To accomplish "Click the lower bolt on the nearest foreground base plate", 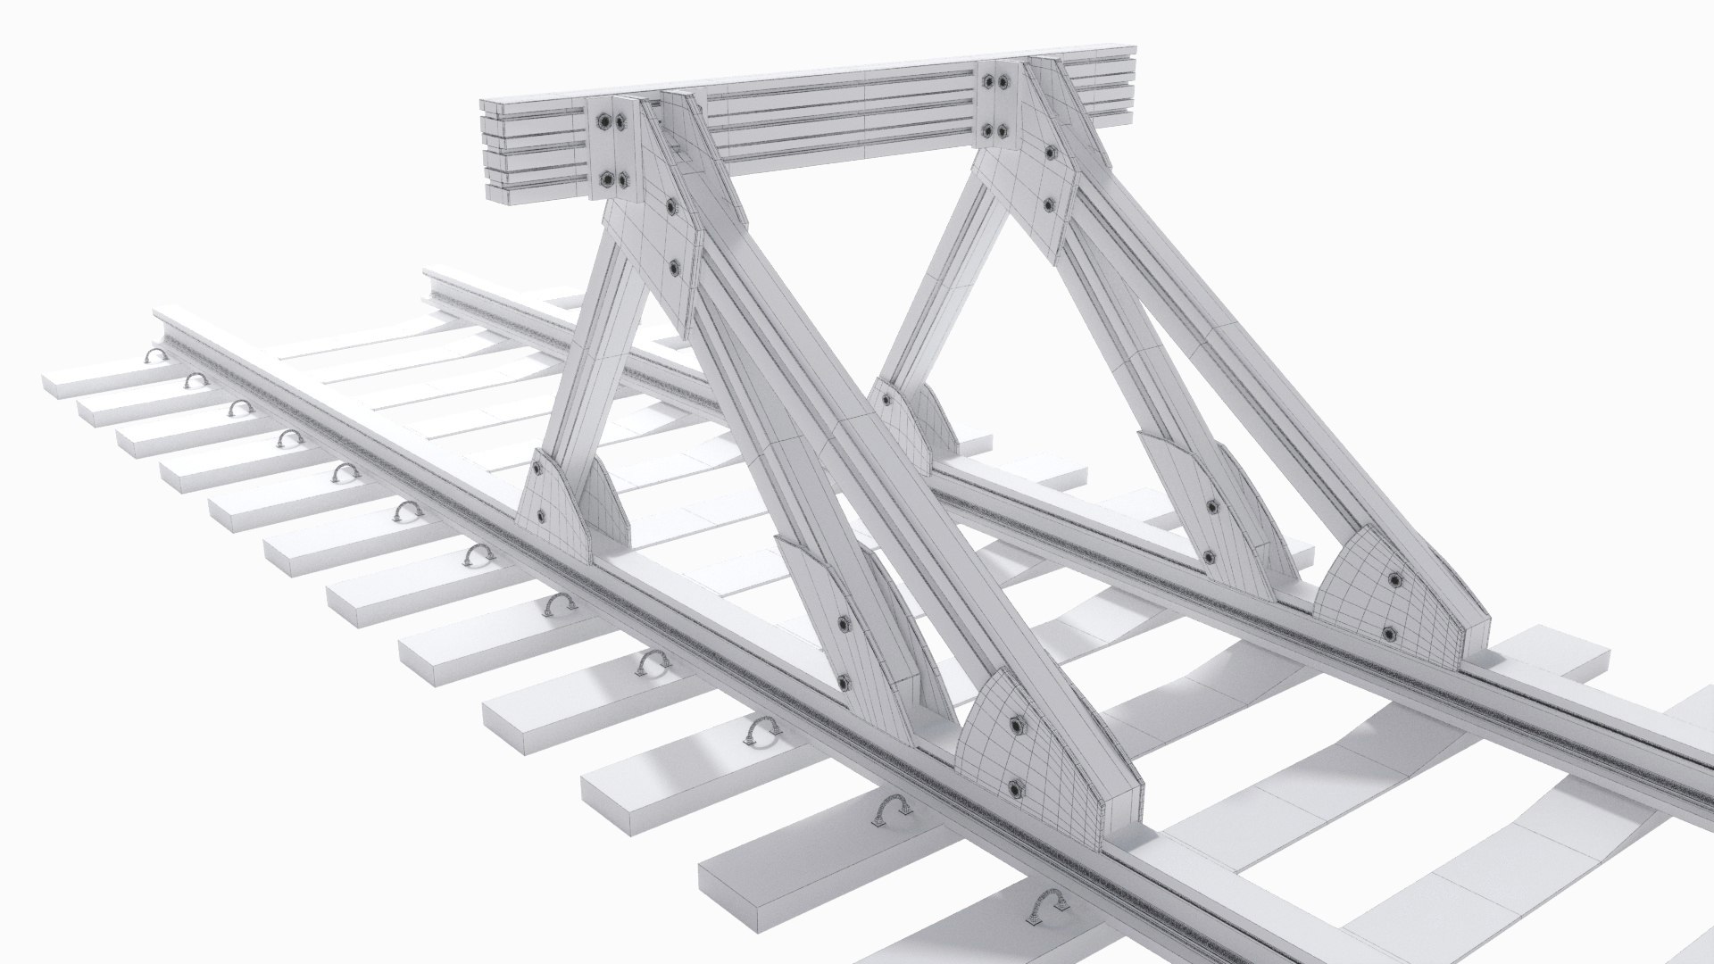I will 1015,788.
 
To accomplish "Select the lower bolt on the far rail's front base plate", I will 1389,634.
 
